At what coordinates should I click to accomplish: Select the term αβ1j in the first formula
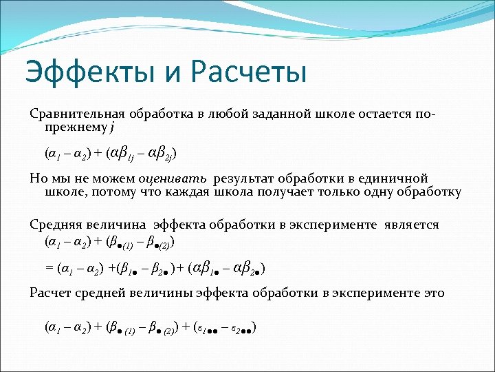[122, 152]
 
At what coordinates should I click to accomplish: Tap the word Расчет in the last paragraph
[50, 293]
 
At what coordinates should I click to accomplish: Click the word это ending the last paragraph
[433, 293]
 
